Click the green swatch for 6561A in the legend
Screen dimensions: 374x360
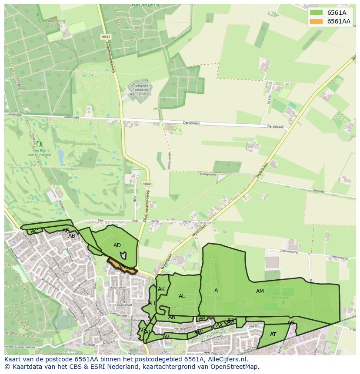coord(317,13)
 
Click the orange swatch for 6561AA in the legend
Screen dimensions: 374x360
coord(317,21)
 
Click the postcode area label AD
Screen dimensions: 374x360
coord(117,245)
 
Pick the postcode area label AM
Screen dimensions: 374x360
coord(260,291)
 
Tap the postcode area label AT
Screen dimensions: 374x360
coord(273,334)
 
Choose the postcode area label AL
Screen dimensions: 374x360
coord(182,296)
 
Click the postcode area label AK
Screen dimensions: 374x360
coord(161,289)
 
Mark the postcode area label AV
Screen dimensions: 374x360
coord(166,337)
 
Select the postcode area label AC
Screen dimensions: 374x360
coord(34,231)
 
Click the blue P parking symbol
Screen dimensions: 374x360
coord(283,303)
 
